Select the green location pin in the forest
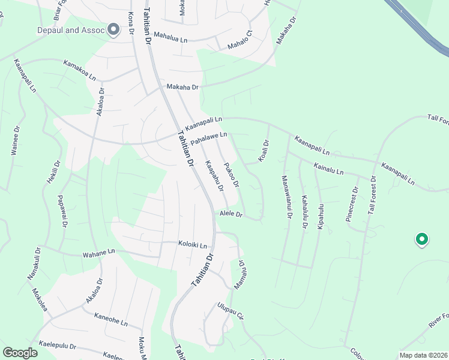(422, 240)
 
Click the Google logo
(20, 353)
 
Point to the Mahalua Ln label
(171, 36)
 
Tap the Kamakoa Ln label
(80, 70)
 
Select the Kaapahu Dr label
(214, 176)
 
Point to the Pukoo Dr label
(232, 174)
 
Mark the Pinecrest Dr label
(352, 205)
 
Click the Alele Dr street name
(231, 214)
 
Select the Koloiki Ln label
(193, 245)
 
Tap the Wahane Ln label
(99, 253)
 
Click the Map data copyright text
(423, 355)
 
